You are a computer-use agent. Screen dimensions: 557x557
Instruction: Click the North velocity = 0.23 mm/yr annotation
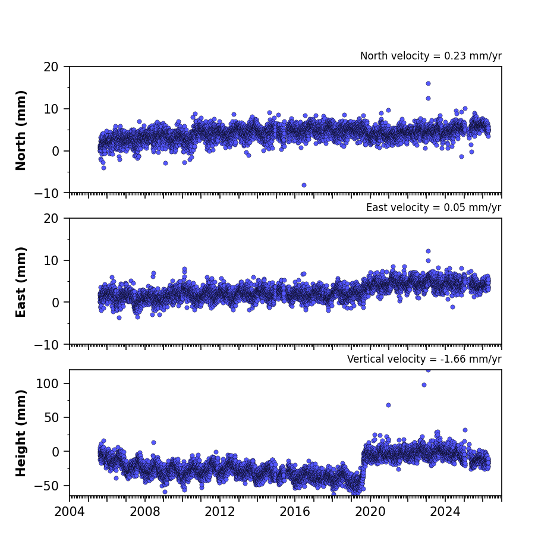[x=431, y=56]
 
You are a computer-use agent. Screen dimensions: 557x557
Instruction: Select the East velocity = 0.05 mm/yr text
[x=434, y=207]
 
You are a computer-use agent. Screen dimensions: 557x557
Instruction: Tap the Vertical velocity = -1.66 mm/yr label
[x=424, y=359]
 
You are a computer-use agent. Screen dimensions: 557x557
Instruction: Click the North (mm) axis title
[x=21, y=130]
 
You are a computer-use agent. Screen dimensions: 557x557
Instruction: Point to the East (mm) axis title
[x=21, y=282]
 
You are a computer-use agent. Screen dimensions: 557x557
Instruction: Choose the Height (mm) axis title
[x=21, y=433]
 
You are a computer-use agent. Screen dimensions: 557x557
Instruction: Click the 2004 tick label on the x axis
[x=70, y=512]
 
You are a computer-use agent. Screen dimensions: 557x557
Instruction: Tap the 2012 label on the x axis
[x=220, y=512]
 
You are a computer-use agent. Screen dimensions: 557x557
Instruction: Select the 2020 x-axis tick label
[x=370, y=512]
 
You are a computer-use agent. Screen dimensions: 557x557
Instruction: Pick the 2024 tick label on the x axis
[x=445, y=512]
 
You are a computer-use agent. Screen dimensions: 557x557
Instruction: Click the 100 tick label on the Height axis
[x=48, y=383]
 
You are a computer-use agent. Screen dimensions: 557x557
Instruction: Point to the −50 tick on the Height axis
[x=46, y=486]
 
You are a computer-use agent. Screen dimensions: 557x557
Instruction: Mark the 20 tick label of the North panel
[x=51, y=67]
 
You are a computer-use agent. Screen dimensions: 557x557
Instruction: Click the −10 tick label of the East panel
[x=46, y=345]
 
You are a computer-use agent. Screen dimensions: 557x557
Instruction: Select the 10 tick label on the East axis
[x=51, y=260]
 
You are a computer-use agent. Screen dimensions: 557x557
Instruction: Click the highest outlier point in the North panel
[x=429, y=83]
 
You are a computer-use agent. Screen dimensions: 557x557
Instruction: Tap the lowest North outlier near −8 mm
[x=304, y=185]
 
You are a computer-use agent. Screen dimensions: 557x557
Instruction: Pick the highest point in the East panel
[x=429, y=251]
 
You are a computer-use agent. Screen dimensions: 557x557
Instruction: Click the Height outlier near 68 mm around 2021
[x=389, y=405]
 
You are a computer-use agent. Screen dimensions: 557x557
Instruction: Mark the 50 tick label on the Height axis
[x=51, y=417]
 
